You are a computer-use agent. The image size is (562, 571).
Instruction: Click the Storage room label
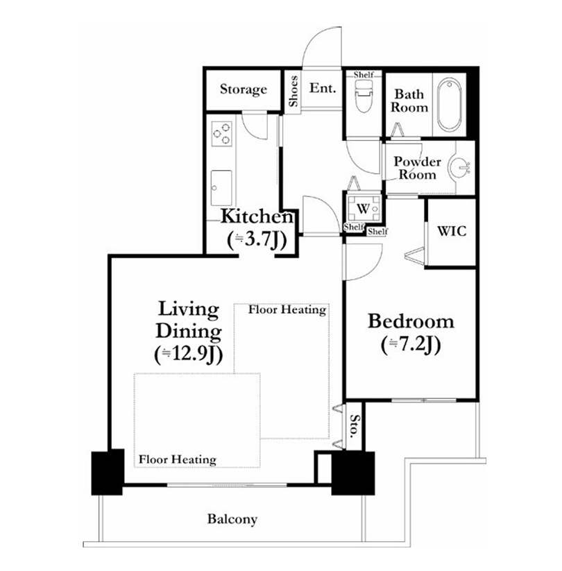[244, 90]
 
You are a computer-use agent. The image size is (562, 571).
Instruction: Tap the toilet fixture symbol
[363, 96]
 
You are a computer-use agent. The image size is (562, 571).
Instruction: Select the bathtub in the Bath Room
[449, 104]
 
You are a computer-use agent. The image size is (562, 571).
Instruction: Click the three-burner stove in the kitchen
[221, 134]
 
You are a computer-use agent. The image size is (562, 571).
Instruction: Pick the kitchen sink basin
[221, 188]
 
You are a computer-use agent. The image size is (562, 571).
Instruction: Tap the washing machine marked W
[363, 208]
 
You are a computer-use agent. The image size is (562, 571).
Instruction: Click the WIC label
[452, 231]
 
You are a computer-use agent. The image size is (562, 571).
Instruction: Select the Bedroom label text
[411, 321]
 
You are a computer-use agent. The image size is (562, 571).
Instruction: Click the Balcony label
[232, 519]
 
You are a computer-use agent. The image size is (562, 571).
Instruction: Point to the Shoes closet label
[293, 91]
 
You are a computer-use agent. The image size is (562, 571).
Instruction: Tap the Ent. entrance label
[323, 87]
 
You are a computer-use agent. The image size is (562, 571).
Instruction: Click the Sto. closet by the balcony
[354, 426]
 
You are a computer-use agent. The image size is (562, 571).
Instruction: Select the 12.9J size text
[188, 354]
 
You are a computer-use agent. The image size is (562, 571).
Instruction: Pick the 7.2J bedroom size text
[411, 344]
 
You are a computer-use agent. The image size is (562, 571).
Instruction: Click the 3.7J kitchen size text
[257, 239]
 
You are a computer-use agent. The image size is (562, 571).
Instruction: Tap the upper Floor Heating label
[287, 310]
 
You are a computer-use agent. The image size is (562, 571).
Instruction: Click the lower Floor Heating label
[178, 459]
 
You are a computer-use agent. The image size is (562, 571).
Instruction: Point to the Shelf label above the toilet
[364, 75]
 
